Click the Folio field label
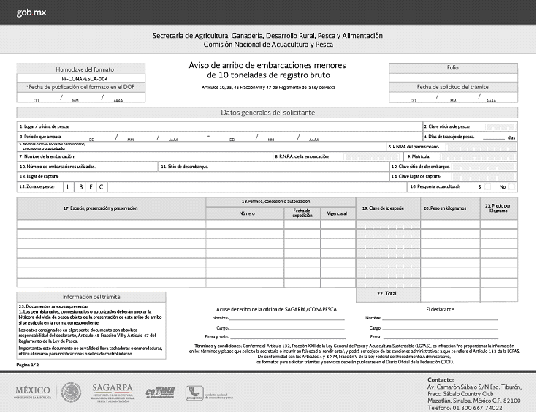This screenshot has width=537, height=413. (x=453, y=67)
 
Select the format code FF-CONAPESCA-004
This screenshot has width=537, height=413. (x=85, y=77)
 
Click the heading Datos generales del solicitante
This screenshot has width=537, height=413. (x=267, y=113)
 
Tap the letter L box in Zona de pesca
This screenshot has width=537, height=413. (x=69, y=187)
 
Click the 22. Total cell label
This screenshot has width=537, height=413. (x=386, y=292)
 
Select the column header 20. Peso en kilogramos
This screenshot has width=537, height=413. (x=443, y=208)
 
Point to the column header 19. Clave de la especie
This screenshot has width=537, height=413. (x=383, y=208)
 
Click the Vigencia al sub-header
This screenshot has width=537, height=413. (x=337, y=213)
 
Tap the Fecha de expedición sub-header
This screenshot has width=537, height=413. (x=297, y=213)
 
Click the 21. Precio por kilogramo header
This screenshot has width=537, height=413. (x=498, y=208)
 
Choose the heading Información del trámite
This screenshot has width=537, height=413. (x=91, y=296)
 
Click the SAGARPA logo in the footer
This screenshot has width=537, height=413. (x=113, y=393)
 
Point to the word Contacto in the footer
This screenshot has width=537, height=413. (x=441, y=380)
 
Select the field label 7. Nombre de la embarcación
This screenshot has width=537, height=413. (x=48, y=156)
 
